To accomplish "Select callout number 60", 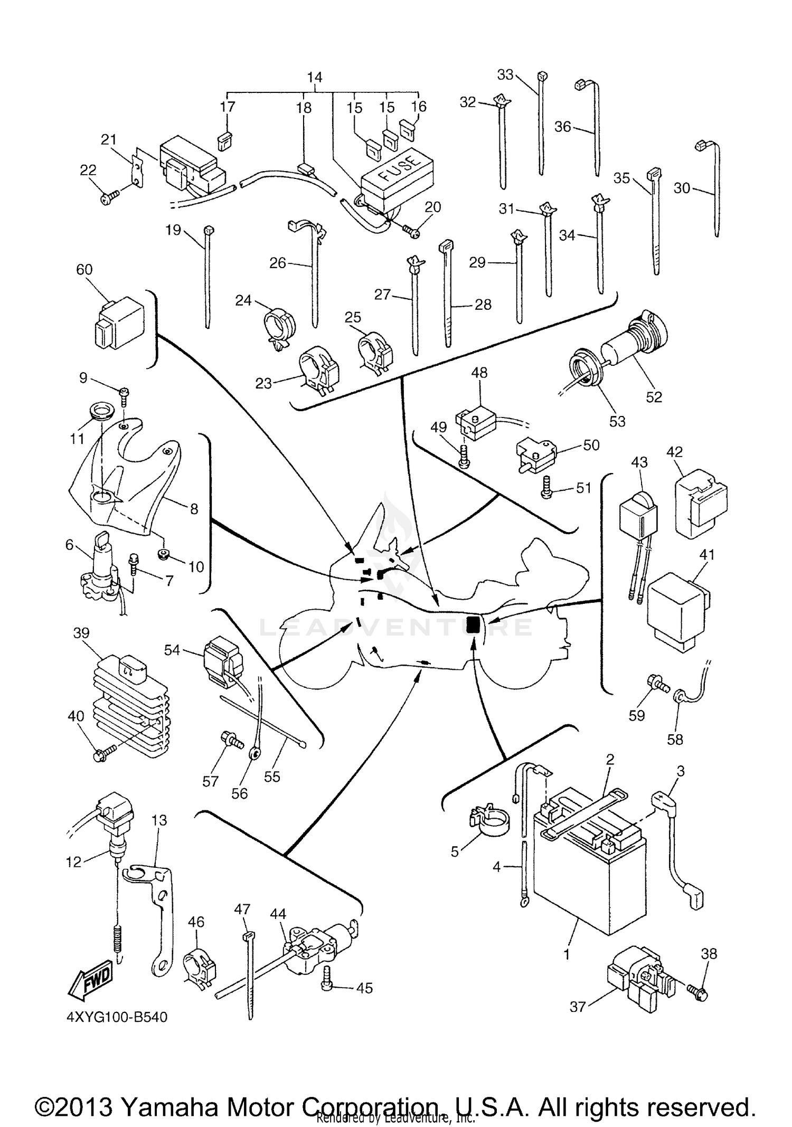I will pyautogui.click(x=84, y=270).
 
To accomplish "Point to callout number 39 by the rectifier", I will pyautogui.click(x=81, y=633).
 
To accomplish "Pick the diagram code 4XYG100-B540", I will pyautogui.click(x=118, y=1032).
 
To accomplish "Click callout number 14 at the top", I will pyautogui.click(x=315, y=77).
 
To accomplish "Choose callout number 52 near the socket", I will pyautogui.click(x=654, y=397).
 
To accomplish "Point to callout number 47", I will pyautogui.click(x=242, y=909).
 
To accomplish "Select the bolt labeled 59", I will pyautogui.click(x=656, y=686).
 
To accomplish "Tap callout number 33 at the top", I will pyautogui.click(x=505, y=75).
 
